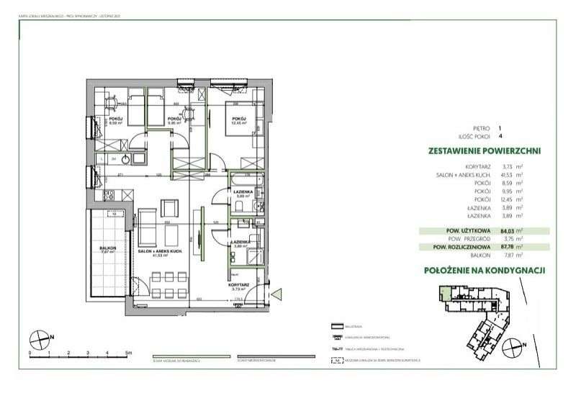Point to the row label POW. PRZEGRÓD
(x=476, y=239)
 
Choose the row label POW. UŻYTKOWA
(x=474, y=231)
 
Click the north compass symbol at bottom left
(x=41, y=336)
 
